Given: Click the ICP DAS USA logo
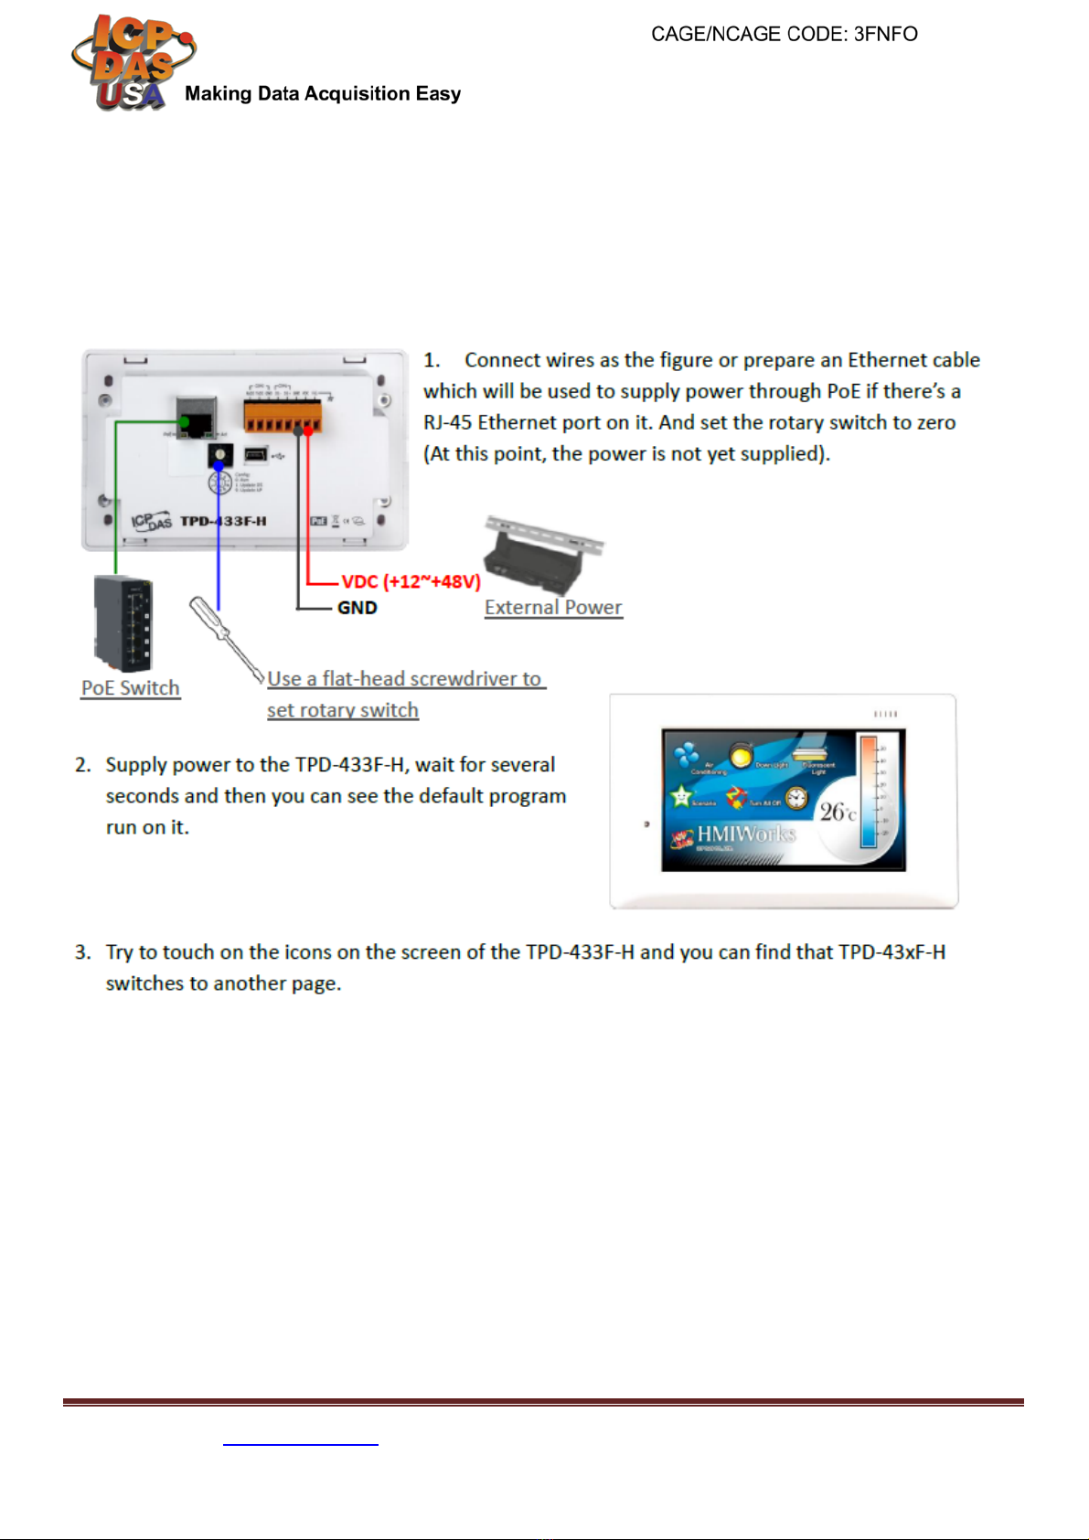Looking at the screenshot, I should pyautogui.click(x=132, y=62).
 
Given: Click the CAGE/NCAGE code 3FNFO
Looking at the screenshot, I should pyautogui.click(x=784, y=35).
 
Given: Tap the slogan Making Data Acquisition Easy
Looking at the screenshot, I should pyautogui.click(x=323, y=94).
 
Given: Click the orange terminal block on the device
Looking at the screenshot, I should pyautogui.click(x=283, y=416).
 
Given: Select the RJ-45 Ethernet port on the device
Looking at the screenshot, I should pyautogui.click(x=196, y=417).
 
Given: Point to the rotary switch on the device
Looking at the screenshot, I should pyautogui.click(x=219, y=454).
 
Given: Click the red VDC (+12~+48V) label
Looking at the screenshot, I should pyautogui.click(x=411, y=581).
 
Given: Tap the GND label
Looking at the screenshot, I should pyautogui.click(x=358, y=608).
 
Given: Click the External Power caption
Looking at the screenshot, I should pyautogui.click(x=553, y=608).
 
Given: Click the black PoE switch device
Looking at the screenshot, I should pyautogui.click(x=123, y=624).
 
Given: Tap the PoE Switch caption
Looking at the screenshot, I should pyautogui.click(x=131, y=688).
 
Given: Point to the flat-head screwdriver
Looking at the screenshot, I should pyautogui.click(x=225, y=639).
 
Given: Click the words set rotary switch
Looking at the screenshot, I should pyautogui.click(x=343, y=710).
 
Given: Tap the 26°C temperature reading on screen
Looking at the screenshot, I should pyautogui.click(x=837, y=812).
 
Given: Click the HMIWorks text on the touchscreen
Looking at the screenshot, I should pyautogui.click(x=746, y=834).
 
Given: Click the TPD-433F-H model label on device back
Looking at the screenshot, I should pyautogui.click(x=223, y=521).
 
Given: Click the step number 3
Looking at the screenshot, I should pyautogui.click(x=82, y=952).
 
